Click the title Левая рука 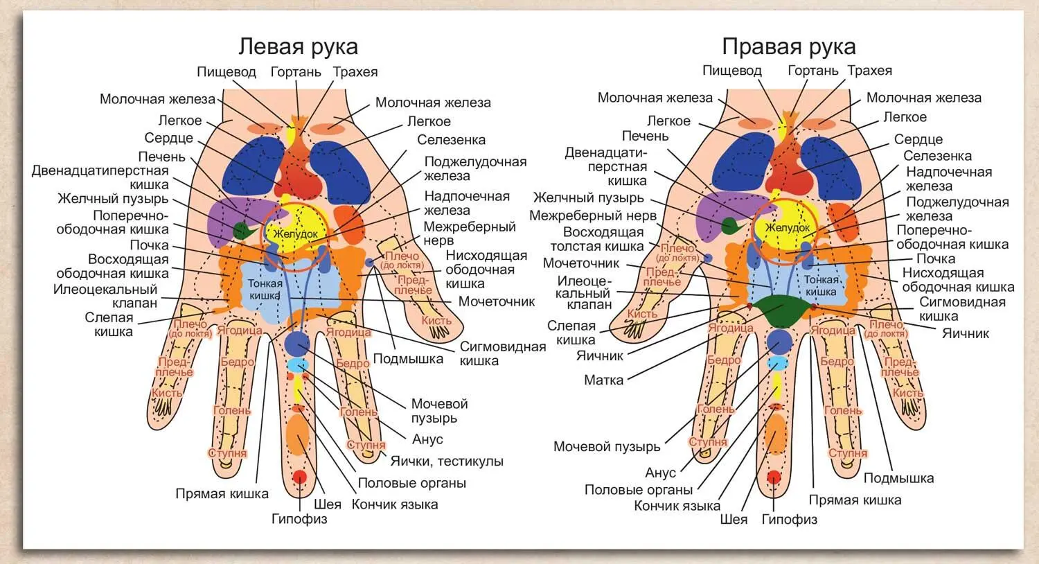298,46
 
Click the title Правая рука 788,46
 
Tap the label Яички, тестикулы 447,461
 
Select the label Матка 603,380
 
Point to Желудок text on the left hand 296,234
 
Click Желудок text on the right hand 788,227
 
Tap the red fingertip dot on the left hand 299,477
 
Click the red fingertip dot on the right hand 774,477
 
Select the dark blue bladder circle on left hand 297,342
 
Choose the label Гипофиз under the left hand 299,518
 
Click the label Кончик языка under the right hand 677,506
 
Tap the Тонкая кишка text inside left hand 265,288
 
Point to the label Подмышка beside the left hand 408,358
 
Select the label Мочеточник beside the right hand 581,263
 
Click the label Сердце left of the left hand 168,138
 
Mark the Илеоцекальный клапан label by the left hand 105,296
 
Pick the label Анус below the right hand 660,473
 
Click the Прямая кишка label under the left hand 222,493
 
